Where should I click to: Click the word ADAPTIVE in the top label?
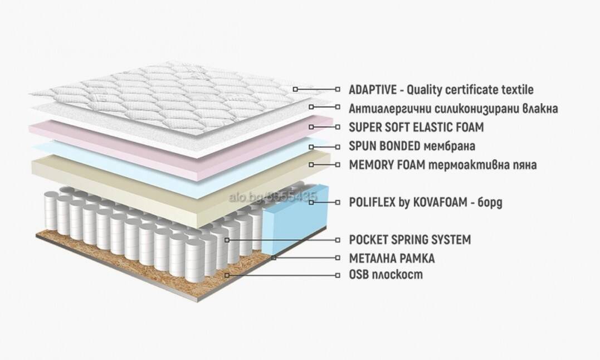pos(373,90)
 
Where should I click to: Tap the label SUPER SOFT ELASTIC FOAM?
pos(416,127)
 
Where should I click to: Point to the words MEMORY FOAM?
pos(387,164)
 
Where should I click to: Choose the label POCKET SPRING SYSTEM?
pos(410,240)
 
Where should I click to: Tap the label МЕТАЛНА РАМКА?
pos(392,258)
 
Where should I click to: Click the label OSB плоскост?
pos(386,274)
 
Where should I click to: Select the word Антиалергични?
pos(390,109)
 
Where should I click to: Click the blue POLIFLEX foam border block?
pos(295,222)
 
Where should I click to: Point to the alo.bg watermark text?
pos(273,197)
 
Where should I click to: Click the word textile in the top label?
pos(518,90)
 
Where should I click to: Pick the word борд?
pos(490,202)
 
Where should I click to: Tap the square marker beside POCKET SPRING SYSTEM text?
pos(338,240)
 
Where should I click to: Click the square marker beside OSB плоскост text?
pos(338,275)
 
